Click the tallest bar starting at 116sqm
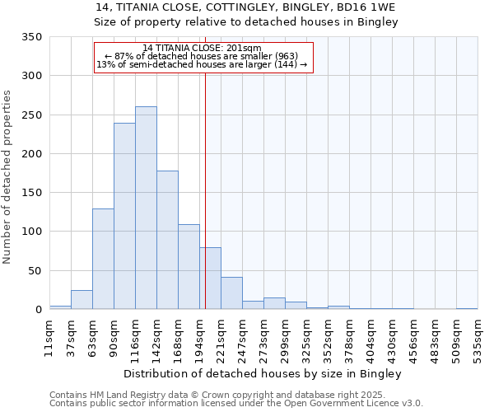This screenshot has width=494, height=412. click(x=146, y=208)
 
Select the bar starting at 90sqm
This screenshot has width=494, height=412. click(x=124, y=216)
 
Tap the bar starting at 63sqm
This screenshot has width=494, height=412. click(x=103, y=259)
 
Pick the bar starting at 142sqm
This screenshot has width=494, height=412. click(x=167, y=240)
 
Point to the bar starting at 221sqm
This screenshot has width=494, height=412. click(x=231, y=293)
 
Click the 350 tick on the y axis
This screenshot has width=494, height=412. click(x=31, y=37)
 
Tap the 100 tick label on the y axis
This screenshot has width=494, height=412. click(x=31, y=232)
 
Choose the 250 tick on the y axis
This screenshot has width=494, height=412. click(x=31, y=115)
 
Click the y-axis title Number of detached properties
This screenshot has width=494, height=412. click(x=8, y=177)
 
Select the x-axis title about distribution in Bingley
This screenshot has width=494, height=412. click(x=263, y=373)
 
